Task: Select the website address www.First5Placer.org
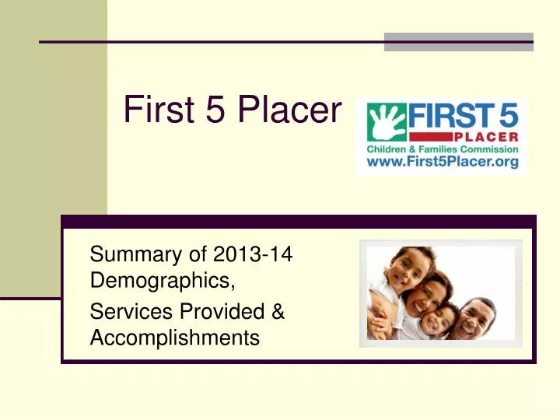[x=442, y=163]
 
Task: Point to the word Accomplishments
[x=174, y=338]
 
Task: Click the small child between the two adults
[x=444, y=319]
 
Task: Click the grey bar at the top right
[x=459, y=41]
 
